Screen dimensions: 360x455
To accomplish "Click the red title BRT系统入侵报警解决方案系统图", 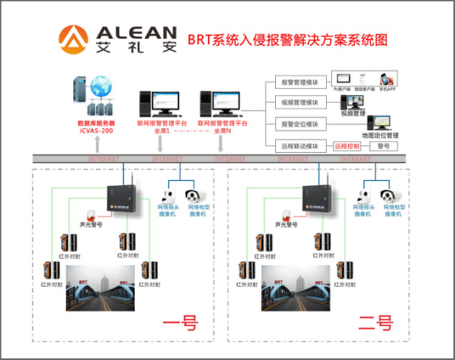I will pyautogui.click(x=288, y=40).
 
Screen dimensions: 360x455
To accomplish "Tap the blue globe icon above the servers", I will pyautogui.click(x=101, y=86).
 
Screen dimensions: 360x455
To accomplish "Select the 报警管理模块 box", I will pyautogui.click(x=301, y=82).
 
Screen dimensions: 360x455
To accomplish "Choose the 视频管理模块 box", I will pyautogui.click(x=301, y=103).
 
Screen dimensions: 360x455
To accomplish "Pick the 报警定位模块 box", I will pyautogui.click(x=301, y=124).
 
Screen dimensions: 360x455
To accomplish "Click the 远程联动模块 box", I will pyautogui.click(x=301, y=146).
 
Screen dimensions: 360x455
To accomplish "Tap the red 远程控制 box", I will pyautogui.click(x=347, y=146).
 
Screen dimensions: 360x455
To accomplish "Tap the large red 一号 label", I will pyautogui.click(x=180, y=324).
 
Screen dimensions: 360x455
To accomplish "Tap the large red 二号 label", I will pyautogui.click(x=375, y=324).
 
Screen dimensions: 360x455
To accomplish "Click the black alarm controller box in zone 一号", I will pyautogui.click(x=121, y=198).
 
